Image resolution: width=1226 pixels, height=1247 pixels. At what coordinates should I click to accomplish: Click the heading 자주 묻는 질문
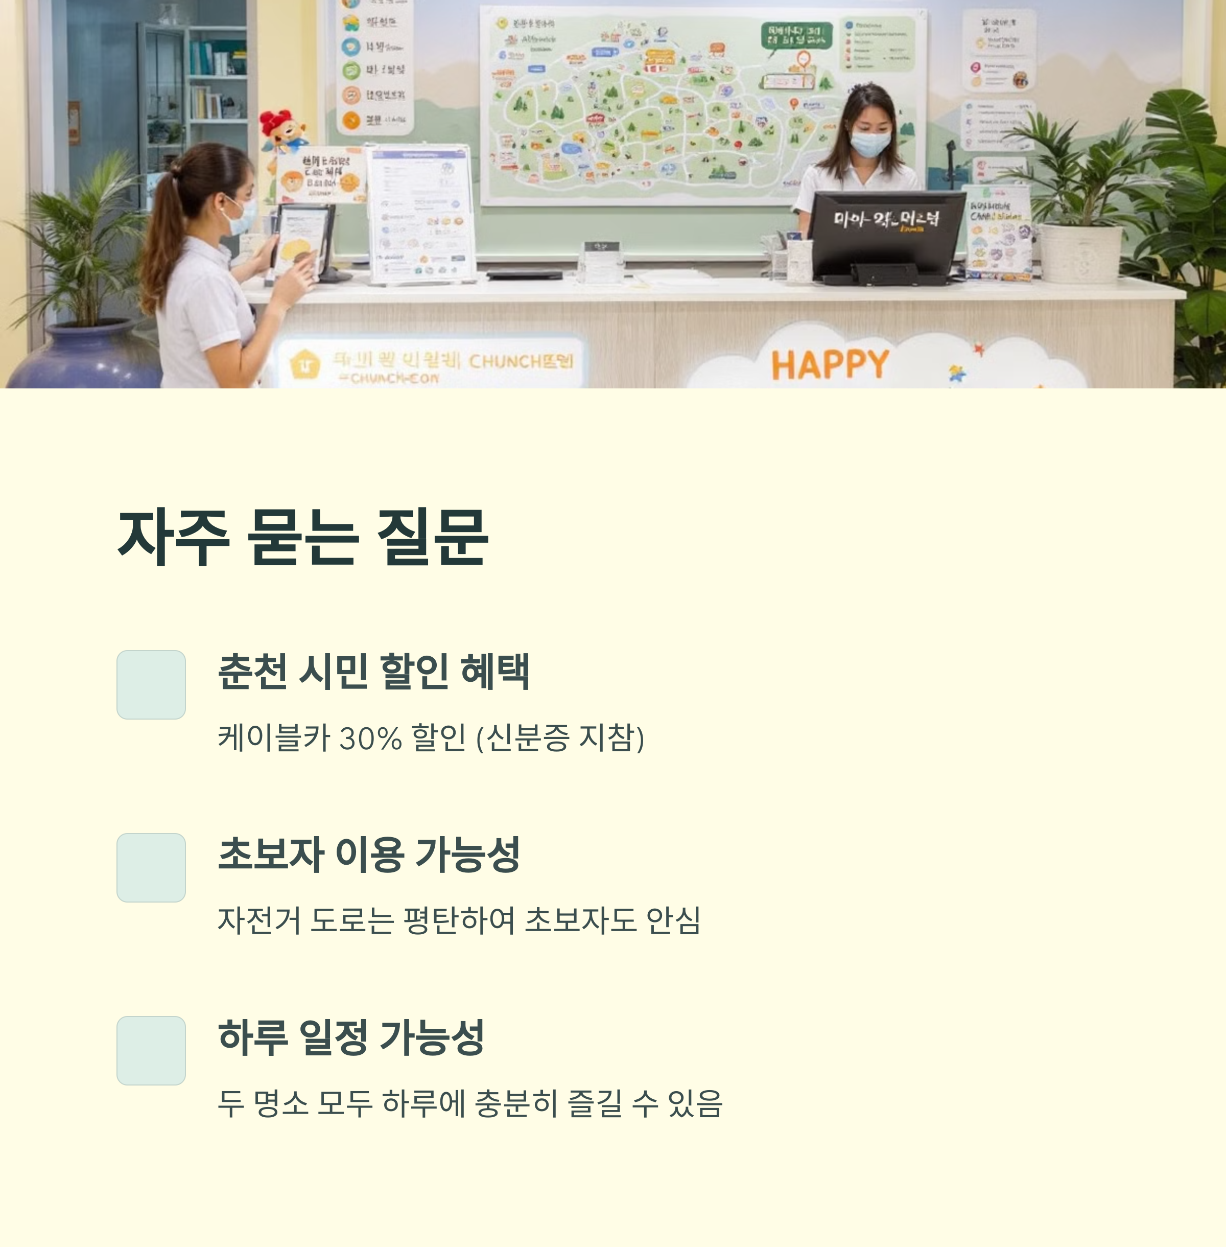coord(302,537)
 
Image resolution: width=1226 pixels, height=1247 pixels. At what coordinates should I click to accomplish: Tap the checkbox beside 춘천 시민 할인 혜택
coord(151,685)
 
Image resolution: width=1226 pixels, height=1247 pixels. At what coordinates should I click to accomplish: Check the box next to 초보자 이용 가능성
coord(151,868)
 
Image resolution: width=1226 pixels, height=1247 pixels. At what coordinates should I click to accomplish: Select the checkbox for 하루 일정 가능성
coord(151,1051)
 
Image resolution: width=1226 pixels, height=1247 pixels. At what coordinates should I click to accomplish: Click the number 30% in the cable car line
coord(370,738)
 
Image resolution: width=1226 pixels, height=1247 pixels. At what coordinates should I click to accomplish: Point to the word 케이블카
coord(274,738)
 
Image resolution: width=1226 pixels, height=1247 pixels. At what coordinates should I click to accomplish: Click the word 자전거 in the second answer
coord(259,921)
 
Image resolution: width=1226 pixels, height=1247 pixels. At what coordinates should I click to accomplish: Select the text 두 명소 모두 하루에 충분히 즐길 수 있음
coord(470,1104)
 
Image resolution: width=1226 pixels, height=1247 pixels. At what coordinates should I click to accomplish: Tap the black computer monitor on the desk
coord(887,232)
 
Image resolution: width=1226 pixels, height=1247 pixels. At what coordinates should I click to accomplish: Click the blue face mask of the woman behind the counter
coord(870,144)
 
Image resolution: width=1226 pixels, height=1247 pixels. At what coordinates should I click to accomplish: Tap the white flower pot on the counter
coord(1080,253)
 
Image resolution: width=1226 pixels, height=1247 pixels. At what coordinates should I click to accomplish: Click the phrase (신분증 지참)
coord(560,738)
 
